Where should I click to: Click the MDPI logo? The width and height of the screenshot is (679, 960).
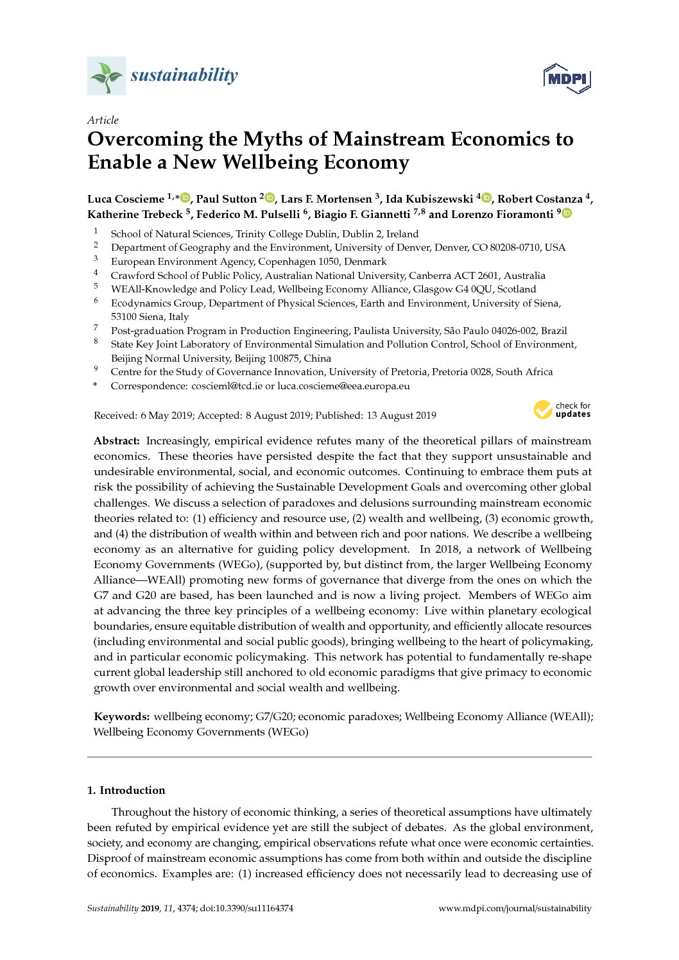coord(566,78)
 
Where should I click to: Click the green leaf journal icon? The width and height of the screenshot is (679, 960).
coord(107,76)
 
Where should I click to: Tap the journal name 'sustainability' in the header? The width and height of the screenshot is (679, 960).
coord(184,75)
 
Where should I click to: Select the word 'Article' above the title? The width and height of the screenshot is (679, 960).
coord(103,120)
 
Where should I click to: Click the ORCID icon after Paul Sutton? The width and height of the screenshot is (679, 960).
coord(270,198)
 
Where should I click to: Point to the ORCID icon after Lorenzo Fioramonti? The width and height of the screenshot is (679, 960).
coord(567,214)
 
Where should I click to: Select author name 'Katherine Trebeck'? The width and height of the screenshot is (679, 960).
coord(135,214)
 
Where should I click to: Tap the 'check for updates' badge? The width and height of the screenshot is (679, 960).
coord(562,410)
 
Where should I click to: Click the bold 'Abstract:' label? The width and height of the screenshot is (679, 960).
coord(117,441)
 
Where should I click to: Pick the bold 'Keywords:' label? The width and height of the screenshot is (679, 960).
coord(122,717)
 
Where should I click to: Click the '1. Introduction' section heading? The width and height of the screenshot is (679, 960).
coord(126,790)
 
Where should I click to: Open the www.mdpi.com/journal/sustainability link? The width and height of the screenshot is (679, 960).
coord(515,908)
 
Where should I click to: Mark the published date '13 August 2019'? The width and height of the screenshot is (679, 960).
coord(401,416)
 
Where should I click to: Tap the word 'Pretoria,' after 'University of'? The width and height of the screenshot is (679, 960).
coord(407,372)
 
